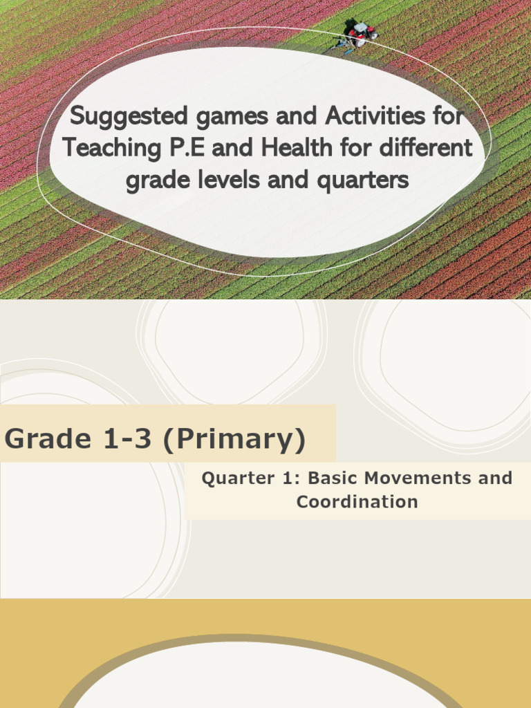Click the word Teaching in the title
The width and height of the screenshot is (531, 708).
coord(108,149)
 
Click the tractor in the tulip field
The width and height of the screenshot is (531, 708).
coord(360,33)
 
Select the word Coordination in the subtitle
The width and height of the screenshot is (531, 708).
coord(357,502)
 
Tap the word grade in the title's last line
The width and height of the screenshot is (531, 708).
coord(159,181)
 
